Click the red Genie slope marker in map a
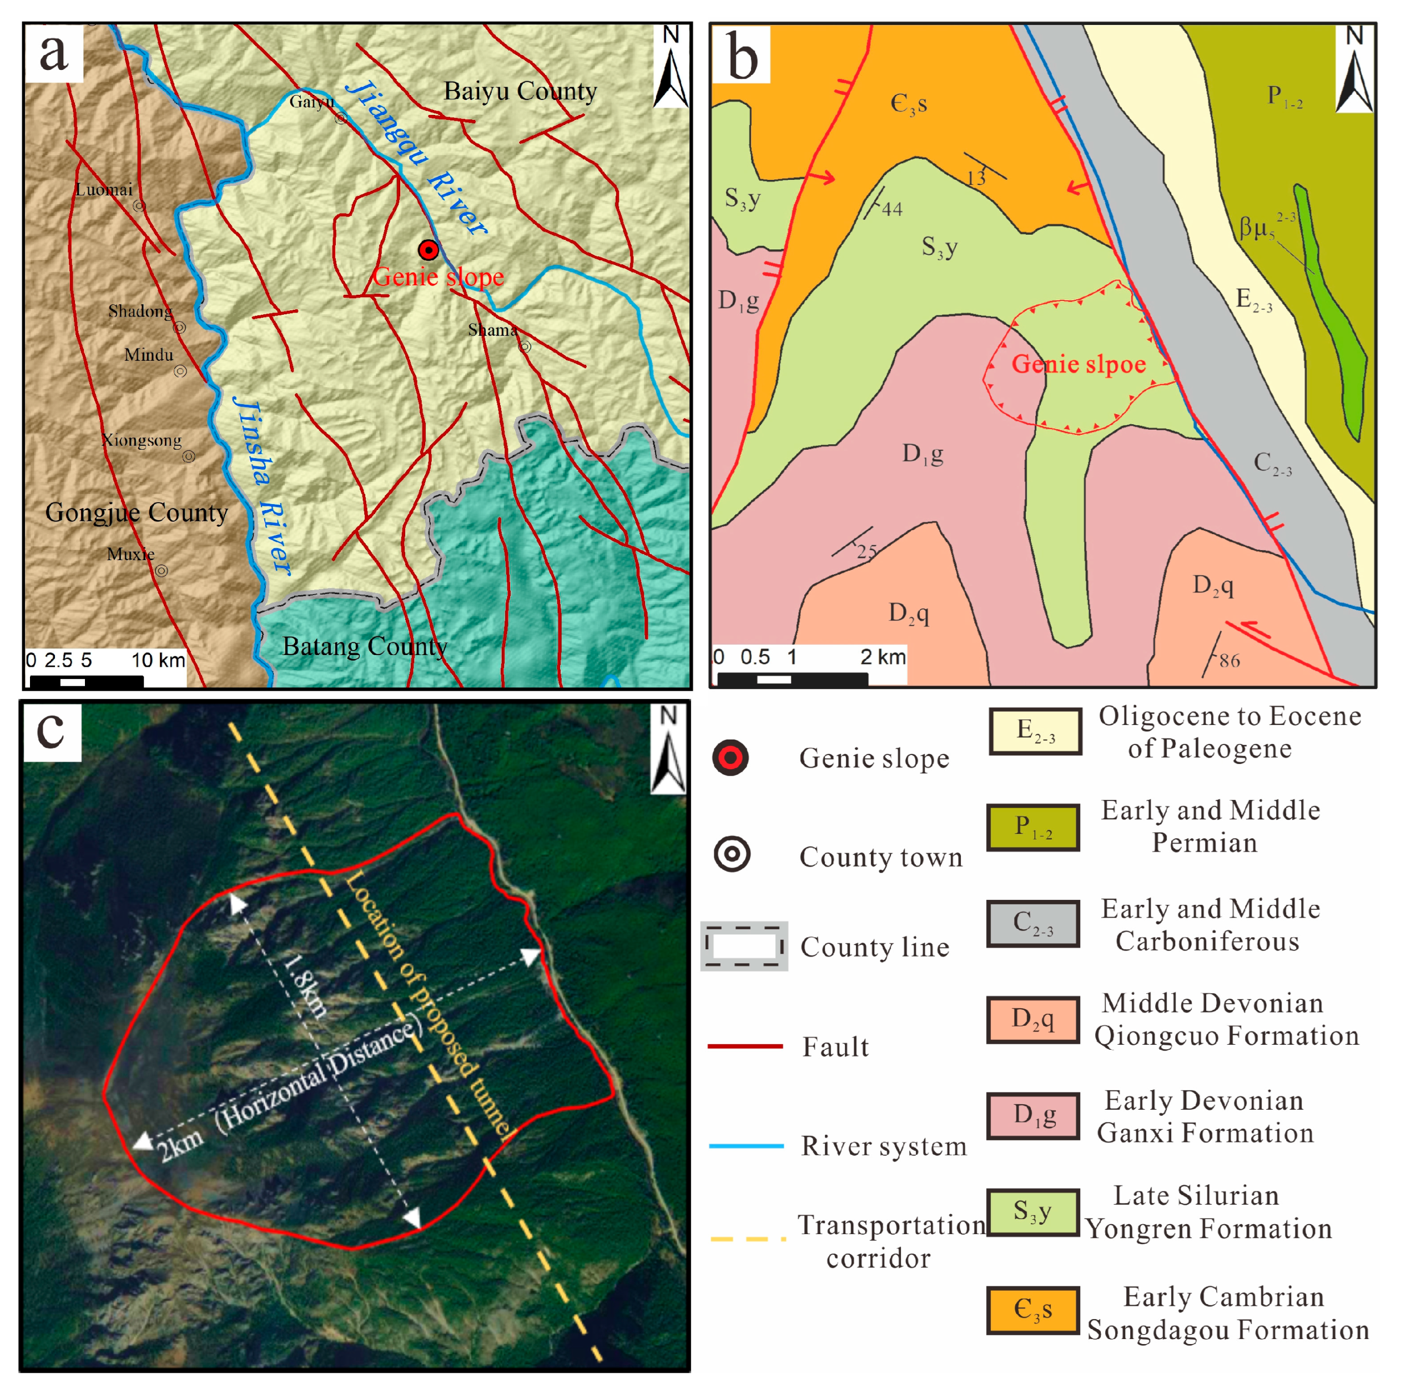429,250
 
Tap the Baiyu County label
520,92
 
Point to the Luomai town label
104,190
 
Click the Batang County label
364,646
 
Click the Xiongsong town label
142,440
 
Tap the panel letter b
741,56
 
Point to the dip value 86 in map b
1228,661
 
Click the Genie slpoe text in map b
1079,364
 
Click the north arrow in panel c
668,750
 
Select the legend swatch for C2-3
1032,923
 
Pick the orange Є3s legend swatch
1032,1310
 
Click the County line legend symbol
744,947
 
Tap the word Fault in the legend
835,1046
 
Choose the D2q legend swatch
1032,1019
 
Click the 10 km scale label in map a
158,660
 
